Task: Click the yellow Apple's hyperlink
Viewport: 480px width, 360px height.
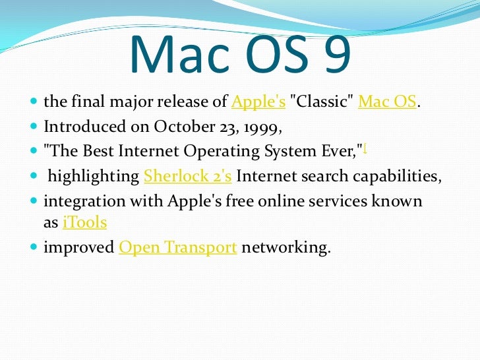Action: point(258,103)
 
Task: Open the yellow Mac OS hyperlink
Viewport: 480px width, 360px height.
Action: point(387,103)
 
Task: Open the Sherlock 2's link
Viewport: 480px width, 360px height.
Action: point(187,176)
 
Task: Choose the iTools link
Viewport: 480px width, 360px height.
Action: point(84,223)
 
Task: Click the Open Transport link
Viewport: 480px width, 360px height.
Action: point(177,247)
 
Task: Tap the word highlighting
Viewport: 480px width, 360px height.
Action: point(93,176)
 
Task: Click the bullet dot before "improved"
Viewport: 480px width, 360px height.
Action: point(34,248)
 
